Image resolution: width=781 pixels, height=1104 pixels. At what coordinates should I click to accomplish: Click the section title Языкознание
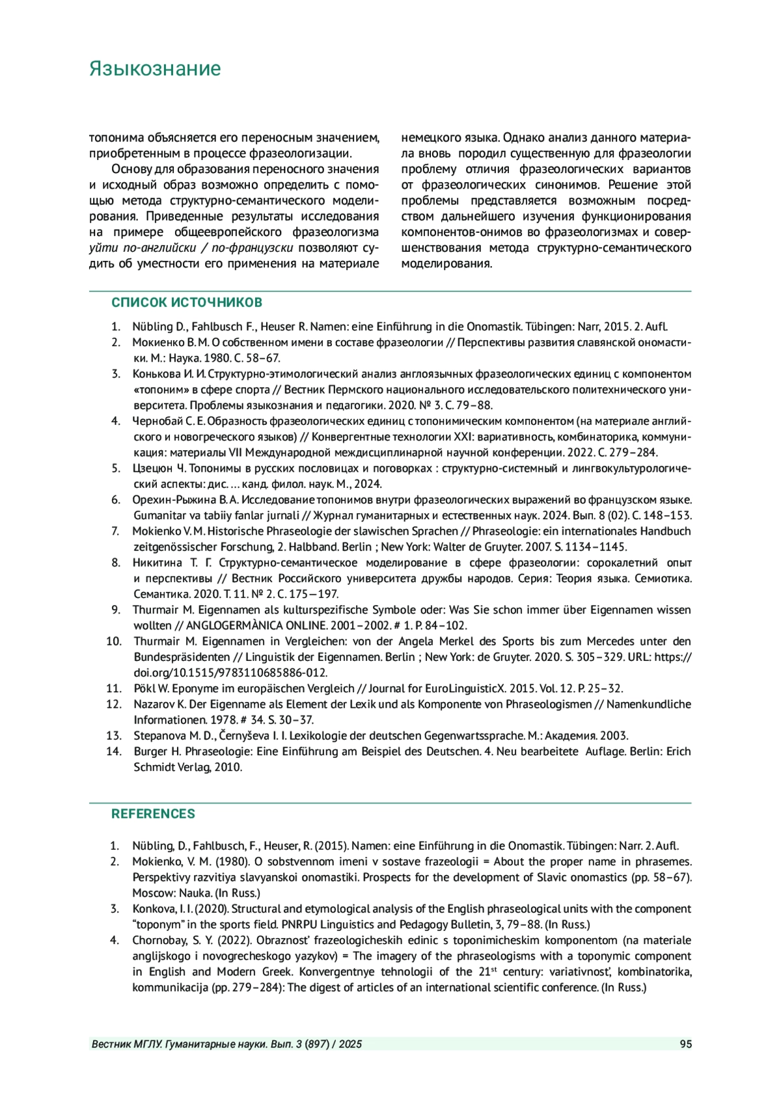155,69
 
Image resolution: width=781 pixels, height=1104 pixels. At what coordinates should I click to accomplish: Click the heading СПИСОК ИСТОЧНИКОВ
187,303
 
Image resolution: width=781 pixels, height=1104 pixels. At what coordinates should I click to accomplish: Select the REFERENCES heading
153,814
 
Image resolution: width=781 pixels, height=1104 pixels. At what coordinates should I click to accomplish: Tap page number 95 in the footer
685,1044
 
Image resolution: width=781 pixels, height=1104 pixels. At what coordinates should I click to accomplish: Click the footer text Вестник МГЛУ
128,1044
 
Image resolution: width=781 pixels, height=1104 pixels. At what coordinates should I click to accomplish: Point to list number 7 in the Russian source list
115,532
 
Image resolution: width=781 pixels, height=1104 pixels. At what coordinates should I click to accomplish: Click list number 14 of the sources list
114,751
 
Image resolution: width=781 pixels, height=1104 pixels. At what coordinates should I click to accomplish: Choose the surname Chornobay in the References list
161,940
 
